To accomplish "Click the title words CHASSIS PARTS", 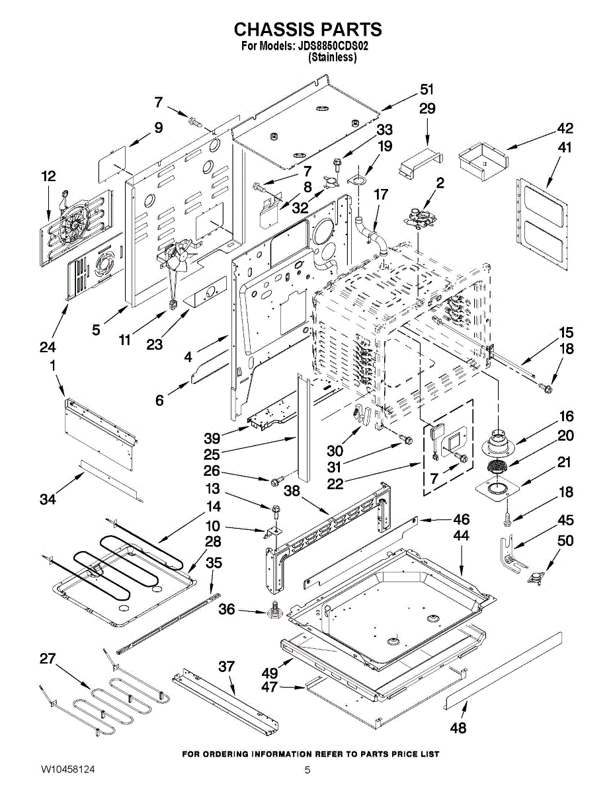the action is tap(307, 29).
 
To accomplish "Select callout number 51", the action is tap(427, 89).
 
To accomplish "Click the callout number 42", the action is tap(565, 128).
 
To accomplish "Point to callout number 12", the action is tap(48, 176).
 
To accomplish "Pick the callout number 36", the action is tap(226, 609).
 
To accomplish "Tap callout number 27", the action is tap(48, 659).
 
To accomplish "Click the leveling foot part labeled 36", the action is tap(274, 611).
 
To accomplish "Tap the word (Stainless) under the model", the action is tap(332, 57).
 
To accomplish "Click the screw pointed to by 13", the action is tap(276, 511).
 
